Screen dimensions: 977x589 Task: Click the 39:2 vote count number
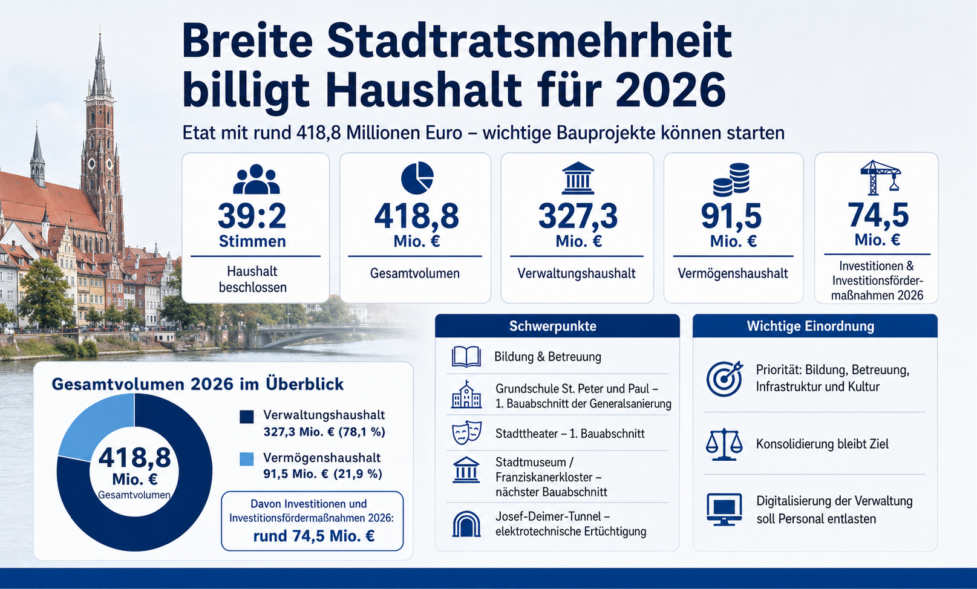pyautogui.click(x=252, y=216)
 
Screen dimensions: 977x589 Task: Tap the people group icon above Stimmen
pyautogui.click(x=256, y=179)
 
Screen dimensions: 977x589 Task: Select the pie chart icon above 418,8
pyautogui.click(x=417, y=178)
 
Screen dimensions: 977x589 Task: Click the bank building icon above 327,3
pyautogui.click(x=578, y=178)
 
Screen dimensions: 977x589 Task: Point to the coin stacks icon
pyautogui.click(x=731, y=179)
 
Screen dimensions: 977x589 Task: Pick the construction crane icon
pyautogui.click(x=880, y=177)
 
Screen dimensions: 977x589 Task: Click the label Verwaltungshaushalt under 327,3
pyautogui.click(x=576, y=273)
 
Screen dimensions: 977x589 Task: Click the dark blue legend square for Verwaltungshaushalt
pyautogui.click(x=247, y=417)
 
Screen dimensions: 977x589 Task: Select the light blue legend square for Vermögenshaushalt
pyautogui.click(x=247, y=458)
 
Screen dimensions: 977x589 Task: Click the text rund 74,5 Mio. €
pyautogui.click(x=313, y=536)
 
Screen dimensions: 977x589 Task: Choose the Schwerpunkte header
pyautogui.click(x=552, y=326)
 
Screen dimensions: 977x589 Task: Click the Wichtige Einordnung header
pyautogui.click(x=811, y=326)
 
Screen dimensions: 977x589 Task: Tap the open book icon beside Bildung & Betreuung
pyautogui.click(x=466, y=357)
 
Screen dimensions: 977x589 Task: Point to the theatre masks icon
pyautogui.click(x=466, y=432)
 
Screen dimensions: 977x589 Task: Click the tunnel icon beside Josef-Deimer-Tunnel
pyautogui.click(x=466, y=524)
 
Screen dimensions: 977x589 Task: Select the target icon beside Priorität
pyautogui.click(x=725, y=378)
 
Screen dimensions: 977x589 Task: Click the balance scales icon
pyautogui.click(x=724, y=444)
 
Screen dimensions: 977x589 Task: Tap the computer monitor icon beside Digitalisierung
pyautogui.click(x=724, y=509)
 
